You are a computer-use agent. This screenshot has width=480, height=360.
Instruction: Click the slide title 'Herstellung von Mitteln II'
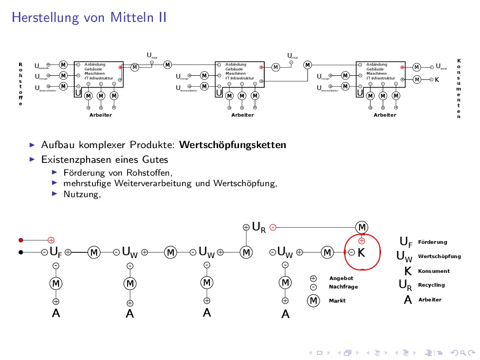coord(89,18)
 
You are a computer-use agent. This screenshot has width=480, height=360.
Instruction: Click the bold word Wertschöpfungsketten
coord(233,145)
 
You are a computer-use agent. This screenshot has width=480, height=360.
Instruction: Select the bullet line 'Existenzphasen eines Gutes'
coord(104,160)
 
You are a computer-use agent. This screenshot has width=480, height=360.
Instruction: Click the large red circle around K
coord(379,252)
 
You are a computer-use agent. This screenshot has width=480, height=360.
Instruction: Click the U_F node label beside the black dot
coord(56,252)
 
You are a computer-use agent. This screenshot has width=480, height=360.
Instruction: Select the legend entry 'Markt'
coord(337,301)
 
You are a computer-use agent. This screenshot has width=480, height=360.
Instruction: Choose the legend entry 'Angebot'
coord(341,278)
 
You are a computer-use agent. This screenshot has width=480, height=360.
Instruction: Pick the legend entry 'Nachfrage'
coord(343,287)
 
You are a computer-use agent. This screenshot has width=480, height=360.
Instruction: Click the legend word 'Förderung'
coord(432,242)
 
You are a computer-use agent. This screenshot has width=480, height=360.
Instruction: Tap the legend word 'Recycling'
coord(431,285)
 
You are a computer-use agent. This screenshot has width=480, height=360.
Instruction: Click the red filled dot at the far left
coord(20,240)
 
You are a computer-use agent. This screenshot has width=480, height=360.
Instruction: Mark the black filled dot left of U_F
coord(20,252)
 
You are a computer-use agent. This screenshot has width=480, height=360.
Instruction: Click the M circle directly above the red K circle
coord(362,227)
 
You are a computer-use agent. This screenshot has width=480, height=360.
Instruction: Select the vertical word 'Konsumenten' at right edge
coord(459,89)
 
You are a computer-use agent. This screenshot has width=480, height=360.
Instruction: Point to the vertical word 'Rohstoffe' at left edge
coord(20,84)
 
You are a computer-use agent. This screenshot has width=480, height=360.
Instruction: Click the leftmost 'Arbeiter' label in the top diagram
coord(100,115)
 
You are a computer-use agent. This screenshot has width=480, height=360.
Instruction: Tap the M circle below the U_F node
coord(56,283)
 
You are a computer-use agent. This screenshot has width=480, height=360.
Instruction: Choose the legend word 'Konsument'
coord(433,271)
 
